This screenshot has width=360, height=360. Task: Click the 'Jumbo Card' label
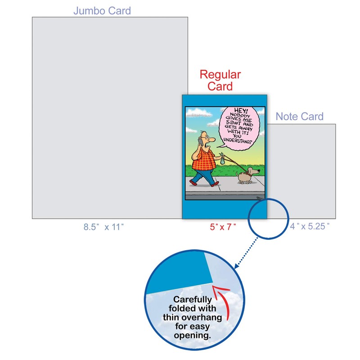pos(102,10)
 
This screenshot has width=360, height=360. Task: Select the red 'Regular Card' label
pos(220,80)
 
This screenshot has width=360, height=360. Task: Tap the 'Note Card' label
pos(299,117)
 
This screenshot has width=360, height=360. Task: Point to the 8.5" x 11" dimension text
pos(103,227)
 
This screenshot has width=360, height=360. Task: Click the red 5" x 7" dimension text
pos(223,227)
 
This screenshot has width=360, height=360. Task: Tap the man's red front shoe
pos(194,183)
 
